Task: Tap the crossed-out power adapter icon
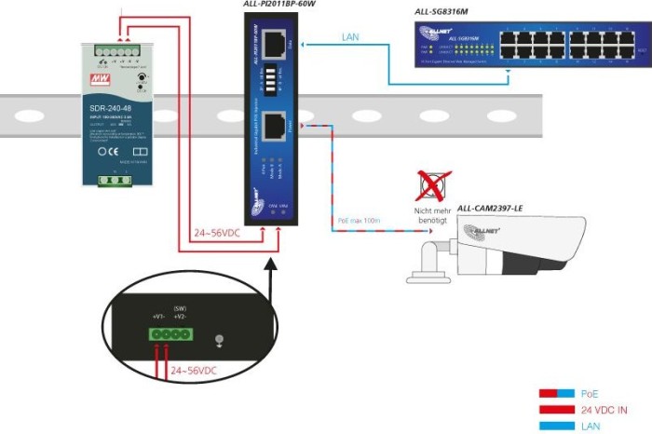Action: click(430, 184)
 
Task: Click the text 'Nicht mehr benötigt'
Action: click(430, 215)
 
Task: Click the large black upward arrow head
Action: click(270, 267)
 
